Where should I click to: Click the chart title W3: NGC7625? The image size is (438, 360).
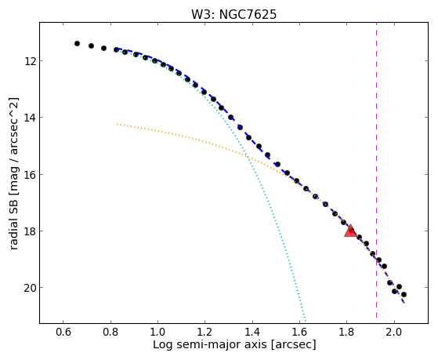click(x=233, y=15)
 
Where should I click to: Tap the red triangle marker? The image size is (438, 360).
click(x=350, y=231)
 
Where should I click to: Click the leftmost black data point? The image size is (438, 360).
click(x=77, y=43)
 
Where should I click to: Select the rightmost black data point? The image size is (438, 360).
click(x=404, y=294)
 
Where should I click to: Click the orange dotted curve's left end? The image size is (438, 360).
click(x=118, y=124)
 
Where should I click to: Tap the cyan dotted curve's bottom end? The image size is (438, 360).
click(x=306, y=321)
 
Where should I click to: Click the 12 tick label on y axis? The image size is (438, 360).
click(x=30, y=60)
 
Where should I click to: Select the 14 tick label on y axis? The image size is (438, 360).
click(x=30, y=117)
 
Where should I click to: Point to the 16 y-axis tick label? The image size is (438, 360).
click(x=30, y=174)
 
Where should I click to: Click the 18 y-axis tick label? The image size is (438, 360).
click(x=30, y=231)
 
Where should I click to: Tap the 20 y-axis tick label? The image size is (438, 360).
click(x=30, y=288)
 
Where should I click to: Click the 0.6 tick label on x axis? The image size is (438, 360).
click(x=63, y=333)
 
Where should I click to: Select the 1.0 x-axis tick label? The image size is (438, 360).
click(x=157, y=333)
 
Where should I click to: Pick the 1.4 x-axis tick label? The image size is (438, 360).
click(x=252, y=333)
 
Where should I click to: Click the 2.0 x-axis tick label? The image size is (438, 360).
click(x=394, y=333)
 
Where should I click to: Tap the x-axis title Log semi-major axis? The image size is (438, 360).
click(x=209, y=344)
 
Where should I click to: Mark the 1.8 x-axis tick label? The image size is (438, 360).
click(x=346, y=333)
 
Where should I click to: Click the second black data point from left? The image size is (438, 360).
click(x=91, y=45)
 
